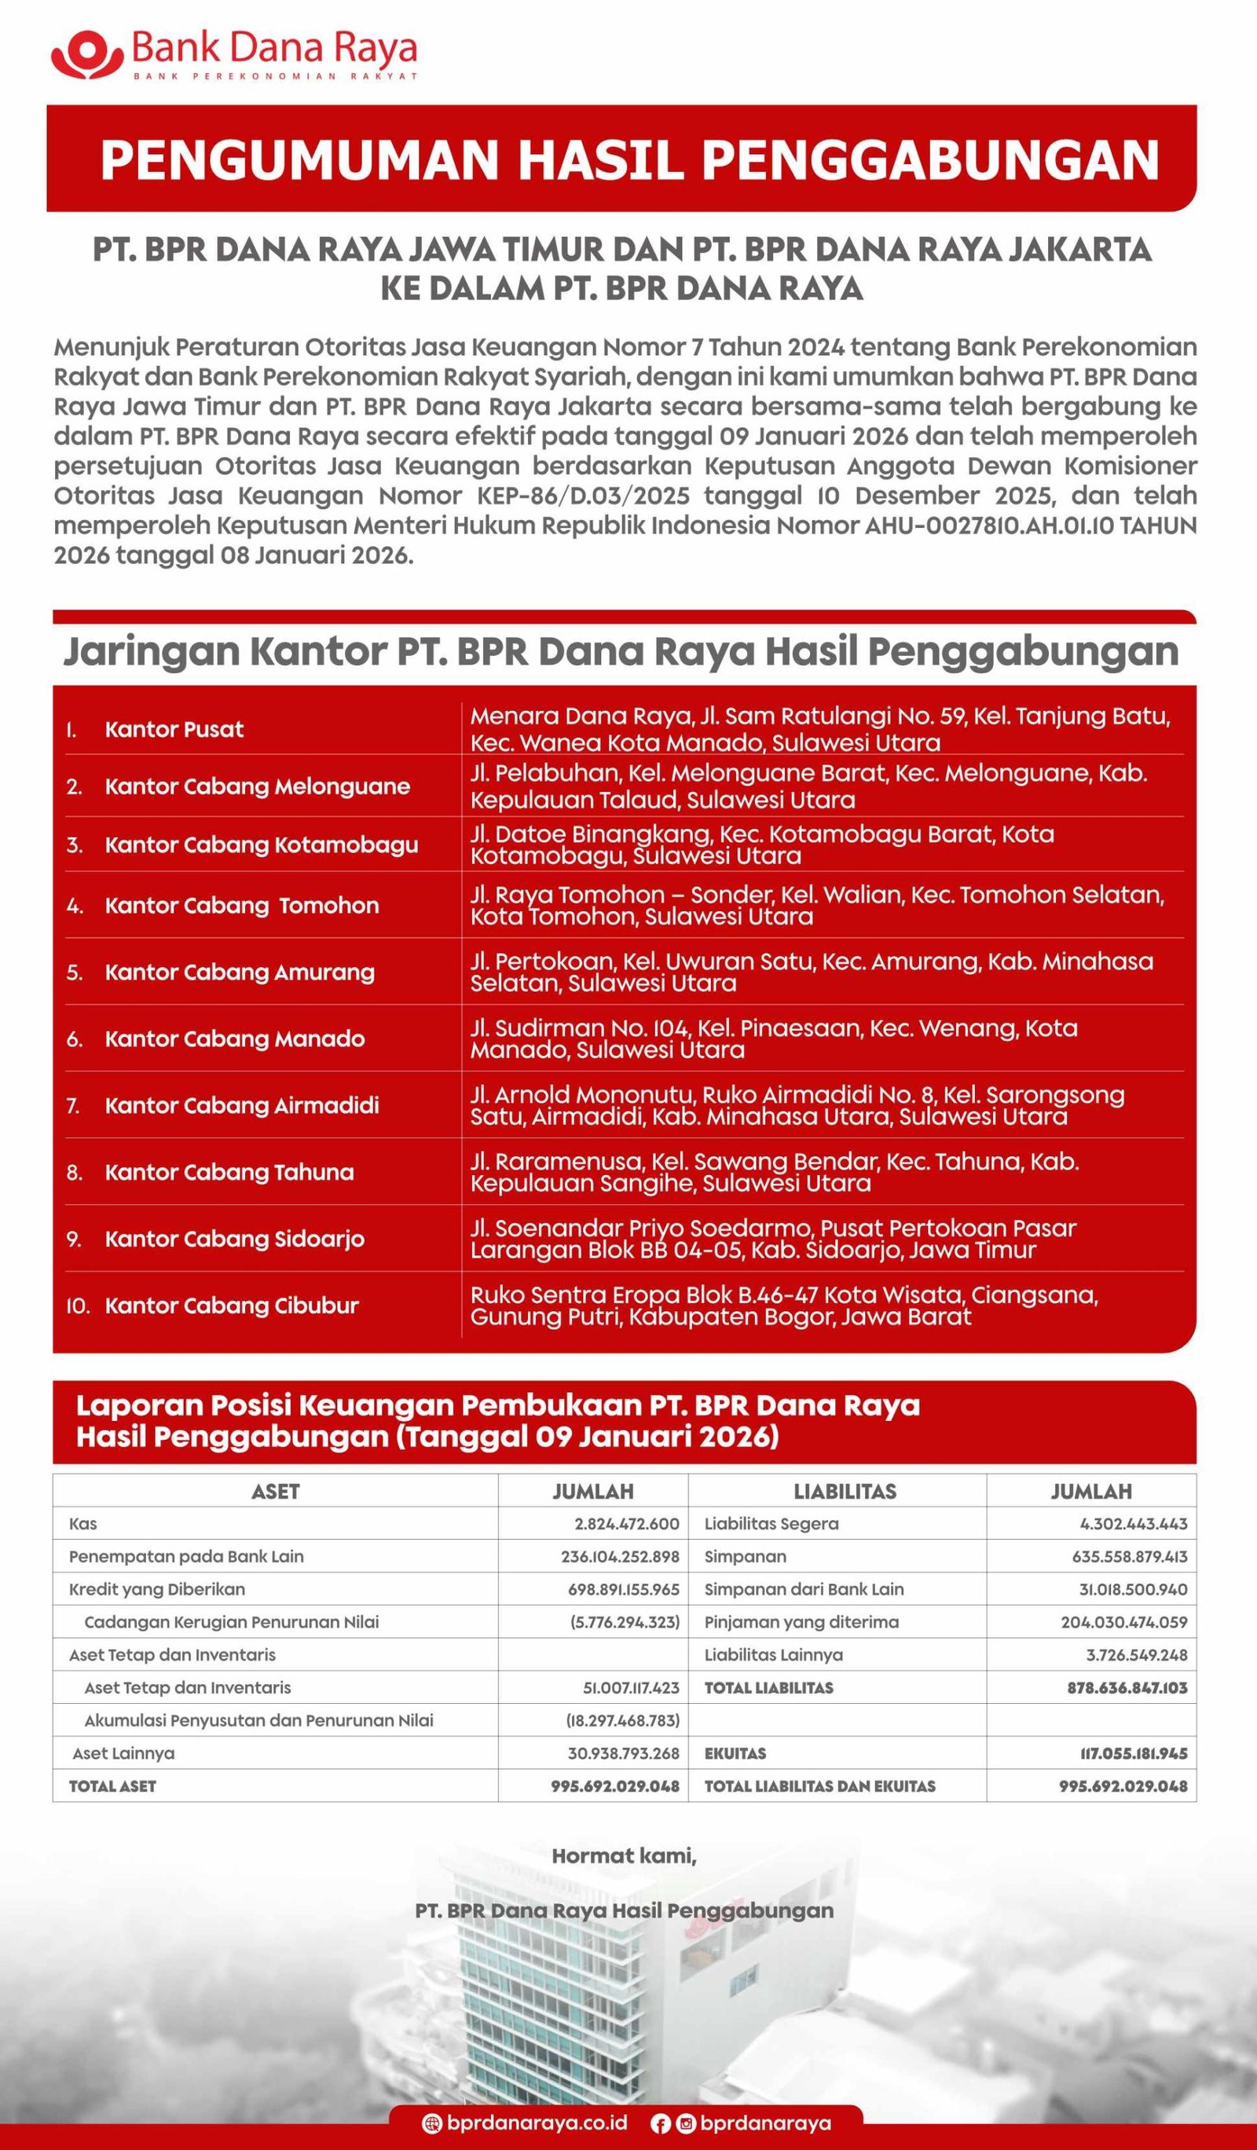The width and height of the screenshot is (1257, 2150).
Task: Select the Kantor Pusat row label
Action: [x=174, y=730]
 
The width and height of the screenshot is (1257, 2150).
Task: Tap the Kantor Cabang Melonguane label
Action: [x=257, y=786]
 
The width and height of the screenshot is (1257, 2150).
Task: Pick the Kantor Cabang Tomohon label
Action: [x=241, y=905]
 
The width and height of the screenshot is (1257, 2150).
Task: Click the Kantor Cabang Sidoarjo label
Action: [x=234, y=1239]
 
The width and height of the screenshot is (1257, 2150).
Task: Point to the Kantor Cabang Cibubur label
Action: [x=231, y=1306]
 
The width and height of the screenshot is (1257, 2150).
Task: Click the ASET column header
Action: [x=275, y=1492]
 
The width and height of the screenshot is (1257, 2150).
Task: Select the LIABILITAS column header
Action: [x=845, y=1492]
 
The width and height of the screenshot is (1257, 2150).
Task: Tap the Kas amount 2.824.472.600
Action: [x=626, y=1524]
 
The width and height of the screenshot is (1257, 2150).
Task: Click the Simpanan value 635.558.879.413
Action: [x=1129, y=1556]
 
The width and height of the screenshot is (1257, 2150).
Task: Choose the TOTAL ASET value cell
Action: [x=614, y=1786]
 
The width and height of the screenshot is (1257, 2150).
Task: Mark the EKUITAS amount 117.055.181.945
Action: [x=1132, y=1753]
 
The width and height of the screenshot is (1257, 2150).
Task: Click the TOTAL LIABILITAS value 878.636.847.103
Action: [x=1127, y=1687]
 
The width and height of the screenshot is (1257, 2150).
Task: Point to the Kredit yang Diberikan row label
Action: [x=157, y=1589]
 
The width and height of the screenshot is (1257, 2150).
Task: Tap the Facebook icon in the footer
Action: [x=660, y=2123]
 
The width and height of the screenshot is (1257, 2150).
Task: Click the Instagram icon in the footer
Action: [x=685, y=2123]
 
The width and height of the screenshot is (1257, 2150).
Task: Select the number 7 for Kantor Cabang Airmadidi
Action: [x=72, y=1106]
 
